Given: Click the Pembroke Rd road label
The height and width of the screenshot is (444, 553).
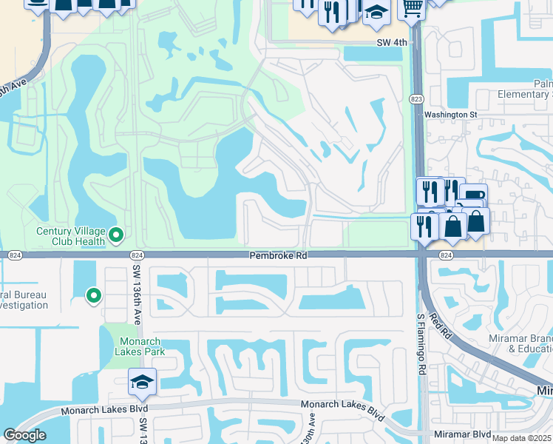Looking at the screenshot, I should click(277, 255).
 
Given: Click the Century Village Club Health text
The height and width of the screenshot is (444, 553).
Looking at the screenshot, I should click(71, 236).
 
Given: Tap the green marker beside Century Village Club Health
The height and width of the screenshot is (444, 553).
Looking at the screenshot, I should click(115, 236).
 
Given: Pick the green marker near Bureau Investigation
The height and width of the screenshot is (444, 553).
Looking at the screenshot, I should click(93, 296).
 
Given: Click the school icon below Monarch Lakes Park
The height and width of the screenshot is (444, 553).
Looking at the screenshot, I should click(142, 382).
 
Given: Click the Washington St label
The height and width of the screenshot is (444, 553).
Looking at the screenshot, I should click(450, 115).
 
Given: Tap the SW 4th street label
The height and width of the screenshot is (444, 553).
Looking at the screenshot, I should click(392, 43).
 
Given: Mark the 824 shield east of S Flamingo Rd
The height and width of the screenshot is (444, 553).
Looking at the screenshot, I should click(445, 255).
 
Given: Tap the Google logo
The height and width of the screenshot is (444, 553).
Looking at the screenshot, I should click(24, 435).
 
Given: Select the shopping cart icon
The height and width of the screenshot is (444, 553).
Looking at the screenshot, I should click(411, 8).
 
